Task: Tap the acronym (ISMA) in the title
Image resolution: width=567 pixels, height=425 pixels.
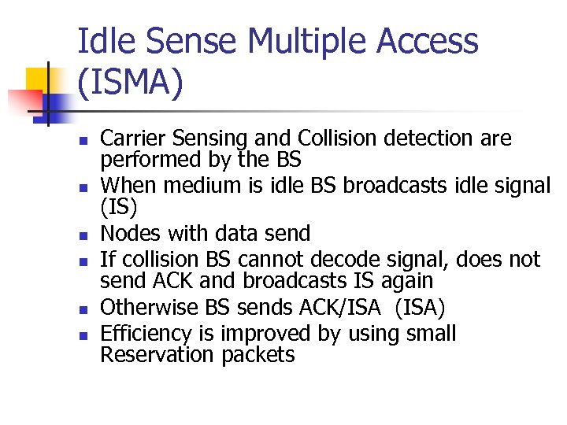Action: pyautogui.click(x=131, y=83)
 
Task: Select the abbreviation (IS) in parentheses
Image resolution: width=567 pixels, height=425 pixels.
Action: pyautogui.click(x=117, y=207)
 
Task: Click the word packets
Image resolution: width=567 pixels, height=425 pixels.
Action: pyautogui.click(x=258, y=355)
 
